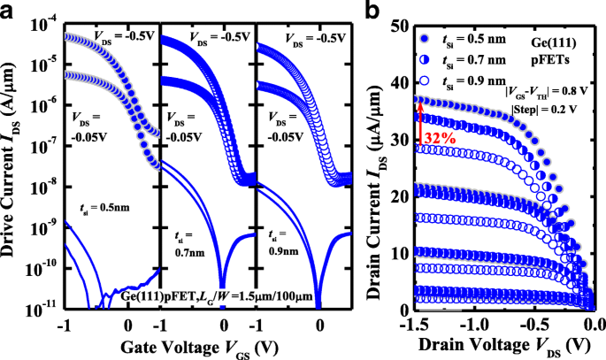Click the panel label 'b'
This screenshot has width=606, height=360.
pos(368,11)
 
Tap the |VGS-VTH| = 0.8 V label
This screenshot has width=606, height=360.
pos(545,91)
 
